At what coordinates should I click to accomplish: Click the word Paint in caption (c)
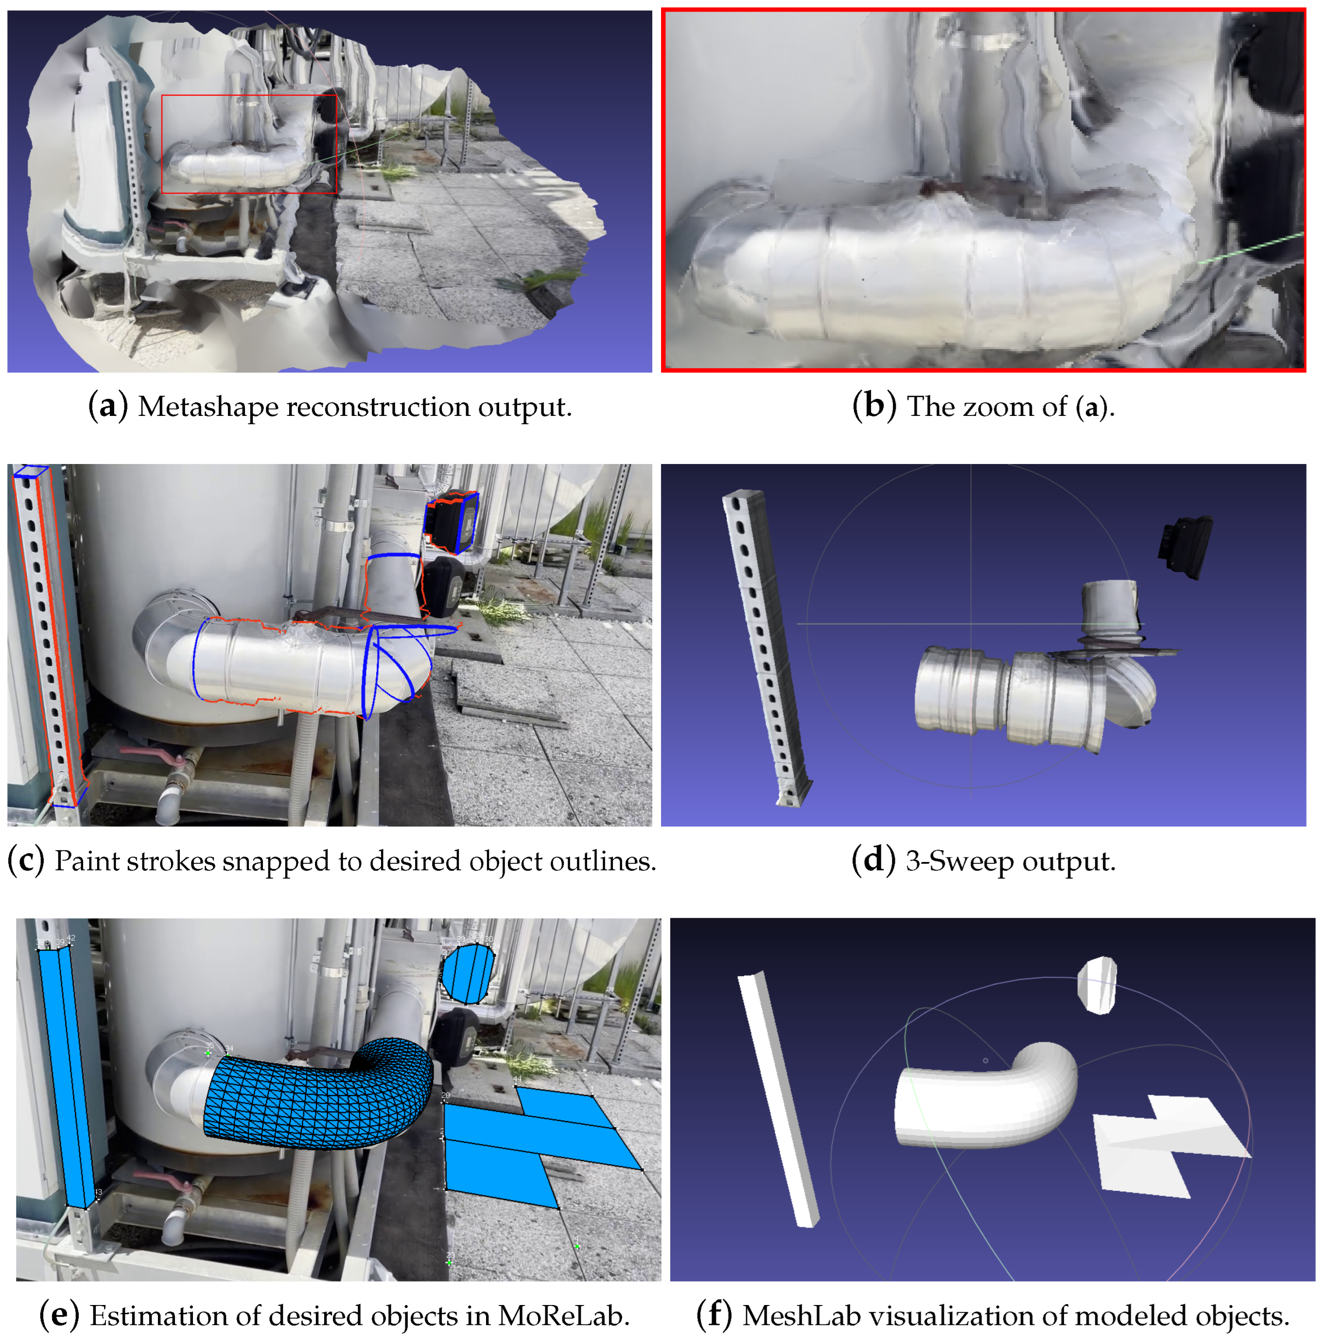[81, 861]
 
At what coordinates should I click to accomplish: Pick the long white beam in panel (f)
[777, 1096]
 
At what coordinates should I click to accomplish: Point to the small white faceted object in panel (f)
[1097, 984]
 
